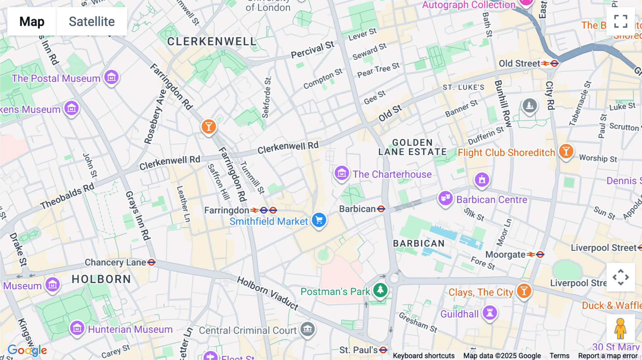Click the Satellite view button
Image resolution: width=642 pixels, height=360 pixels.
[92, 21]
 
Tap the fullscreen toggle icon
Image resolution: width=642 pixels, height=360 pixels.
[621, 21]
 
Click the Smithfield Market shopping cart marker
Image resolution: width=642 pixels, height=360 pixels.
[319, 220]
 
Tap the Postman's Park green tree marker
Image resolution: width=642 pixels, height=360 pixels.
[380, 290]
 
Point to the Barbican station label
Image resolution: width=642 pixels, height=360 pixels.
[357, 209]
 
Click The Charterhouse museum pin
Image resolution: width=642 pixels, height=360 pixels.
[341, 173]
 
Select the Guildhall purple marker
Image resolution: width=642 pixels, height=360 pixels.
[490, 313]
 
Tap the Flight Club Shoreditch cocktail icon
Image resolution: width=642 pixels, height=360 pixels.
[566, 151]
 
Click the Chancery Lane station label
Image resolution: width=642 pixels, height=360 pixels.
[115, 262]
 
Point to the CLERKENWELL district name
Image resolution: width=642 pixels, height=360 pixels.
[212, 42]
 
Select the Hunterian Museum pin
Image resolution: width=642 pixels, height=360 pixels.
[77, 328]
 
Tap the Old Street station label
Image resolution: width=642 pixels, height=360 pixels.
[519, 63]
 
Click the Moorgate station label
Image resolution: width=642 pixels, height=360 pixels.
[505, 254]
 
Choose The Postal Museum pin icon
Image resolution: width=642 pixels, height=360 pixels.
[111, 77]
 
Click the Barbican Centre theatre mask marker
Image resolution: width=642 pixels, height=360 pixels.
[445, 198]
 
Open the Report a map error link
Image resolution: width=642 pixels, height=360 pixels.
[608, 355]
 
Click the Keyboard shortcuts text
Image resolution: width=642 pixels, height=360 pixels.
[423, 355]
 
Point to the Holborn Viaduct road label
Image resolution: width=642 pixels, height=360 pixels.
[267, 293]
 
